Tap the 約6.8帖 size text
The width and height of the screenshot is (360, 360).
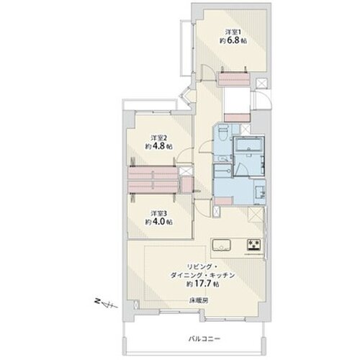click(x=233, y=40)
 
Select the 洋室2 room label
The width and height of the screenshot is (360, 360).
click(x=158, y=138)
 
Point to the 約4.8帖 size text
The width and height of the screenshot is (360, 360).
click(x=158, y=146)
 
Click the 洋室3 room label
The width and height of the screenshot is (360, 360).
click(x=158, y=213)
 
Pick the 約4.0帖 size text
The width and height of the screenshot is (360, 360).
click(x=158, y=222)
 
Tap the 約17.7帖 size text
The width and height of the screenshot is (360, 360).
click(x=203, y=284)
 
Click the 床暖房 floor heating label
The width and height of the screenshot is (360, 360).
click(x=199, y=300)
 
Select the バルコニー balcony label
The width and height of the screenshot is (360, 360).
click(x=204, y=339)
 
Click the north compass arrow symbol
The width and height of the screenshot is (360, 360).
click(x=105, y=303)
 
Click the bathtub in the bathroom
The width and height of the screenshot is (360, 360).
click(x=248, y=144)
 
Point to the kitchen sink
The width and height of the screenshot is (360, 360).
click(x=221, y=245)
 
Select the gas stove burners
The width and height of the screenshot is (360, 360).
click(x=254, y=245)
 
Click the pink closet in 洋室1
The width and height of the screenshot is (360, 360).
click(x=234, y=79)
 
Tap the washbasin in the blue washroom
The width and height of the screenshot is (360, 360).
click(x=259, y=192)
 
